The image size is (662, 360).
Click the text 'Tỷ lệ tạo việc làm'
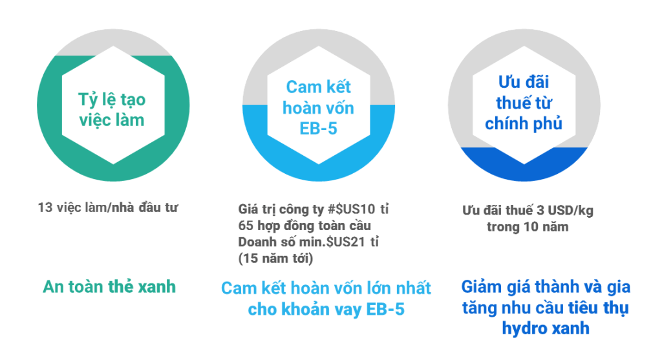112,110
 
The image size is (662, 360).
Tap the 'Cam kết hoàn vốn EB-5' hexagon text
318,108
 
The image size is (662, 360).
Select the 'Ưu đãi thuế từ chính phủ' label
524,103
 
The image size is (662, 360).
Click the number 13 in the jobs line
45,207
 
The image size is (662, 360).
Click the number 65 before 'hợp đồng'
246,226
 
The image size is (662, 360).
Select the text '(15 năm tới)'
275,259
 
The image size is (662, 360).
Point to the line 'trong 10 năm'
528,227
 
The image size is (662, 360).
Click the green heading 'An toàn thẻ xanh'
109,286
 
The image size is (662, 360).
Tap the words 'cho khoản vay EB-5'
326,310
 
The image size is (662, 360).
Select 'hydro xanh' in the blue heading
546,328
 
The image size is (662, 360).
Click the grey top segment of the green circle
113,41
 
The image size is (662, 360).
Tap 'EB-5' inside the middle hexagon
318,129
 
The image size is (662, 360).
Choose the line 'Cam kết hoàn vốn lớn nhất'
326,288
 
